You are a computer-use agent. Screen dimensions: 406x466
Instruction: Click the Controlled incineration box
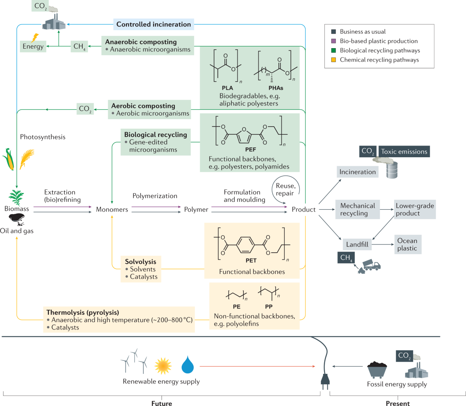[153, 24]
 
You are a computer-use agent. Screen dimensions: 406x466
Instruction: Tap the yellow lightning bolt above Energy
[35, 37]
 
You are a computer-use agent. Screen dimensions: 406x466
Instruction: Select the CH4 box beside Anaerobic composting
[79, 47]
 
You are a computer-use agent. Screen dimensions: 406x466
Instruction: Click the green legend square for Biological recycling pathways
[333, 50]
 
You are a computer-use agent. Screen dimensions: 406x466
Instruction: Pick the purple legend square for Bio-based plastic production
[333, 41]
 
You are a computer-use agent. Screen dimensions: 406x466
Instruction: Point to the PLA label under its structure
[228, 88]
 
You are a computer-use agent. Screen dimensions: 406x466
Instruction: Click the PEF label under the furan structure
[250, 149]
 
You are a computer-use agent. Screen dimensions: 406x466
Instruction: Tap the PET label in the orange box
[251, 261]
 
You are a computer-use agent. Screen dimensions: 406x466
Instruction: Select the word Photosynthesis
[43, 137]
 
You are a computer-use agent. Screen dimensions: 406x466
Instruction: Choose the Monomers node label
[112, 210]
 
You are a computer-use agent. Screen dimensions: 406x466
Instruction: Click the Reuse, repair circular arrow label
[285, 190]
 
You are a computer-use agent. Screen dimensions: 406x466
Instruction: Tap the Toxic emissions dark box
[404, 152]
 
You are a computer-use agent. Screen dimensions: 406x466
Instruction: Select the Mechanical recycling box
[357, 210]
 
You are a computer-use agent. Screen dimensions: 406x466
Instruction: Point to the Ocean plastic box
[407, 245]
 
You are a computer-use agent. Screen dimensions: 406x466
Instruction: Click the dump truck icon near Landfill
[371, 265]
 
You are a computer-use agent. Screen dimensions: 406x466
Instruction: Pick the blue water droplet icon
[188, 365]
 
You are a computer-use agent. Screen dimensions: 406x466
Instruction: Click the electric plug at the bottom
[325, 378]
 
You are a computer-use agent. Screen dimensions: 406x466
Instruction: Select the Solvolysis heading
[140, 262]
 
